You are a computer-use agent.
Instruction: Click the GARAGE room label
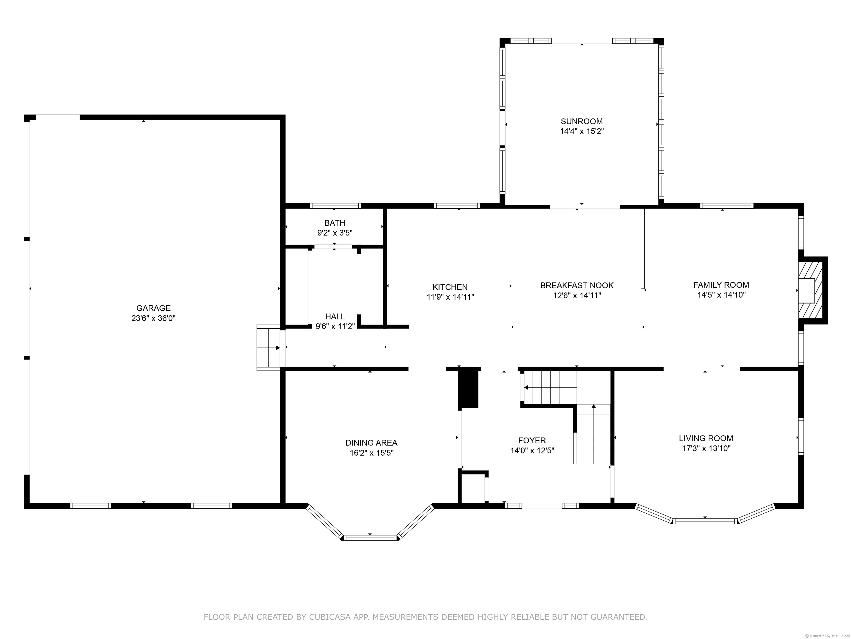pos(153,308)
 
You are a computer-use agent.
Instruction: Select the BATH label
pos(334,223)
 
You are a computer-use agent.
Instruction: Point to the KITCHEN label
pos(450,287)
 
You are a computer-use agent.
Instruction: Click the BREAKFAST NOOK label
pos(577,285)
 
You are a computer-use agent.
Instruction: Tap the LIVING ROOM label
pos(706,438)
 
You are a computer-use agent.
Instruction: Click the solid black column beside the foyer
pos(468,389)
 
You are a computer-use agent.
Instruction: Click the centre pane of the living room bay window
pos(704,521)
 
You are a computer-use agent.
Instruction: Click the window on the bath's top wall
pos(336,206)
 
